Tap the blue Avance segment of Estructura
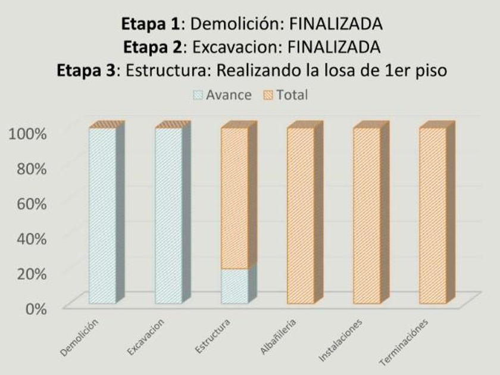(x=235, y=286)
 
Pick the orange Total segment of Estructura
(x=235, y=198)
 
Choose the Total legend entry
(x=289, y=95)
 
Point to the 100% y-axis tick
(x=27, y=133)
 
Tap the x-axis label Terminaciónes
(x=410, y=339)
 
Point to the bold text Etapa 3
(x=84, y=70)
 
